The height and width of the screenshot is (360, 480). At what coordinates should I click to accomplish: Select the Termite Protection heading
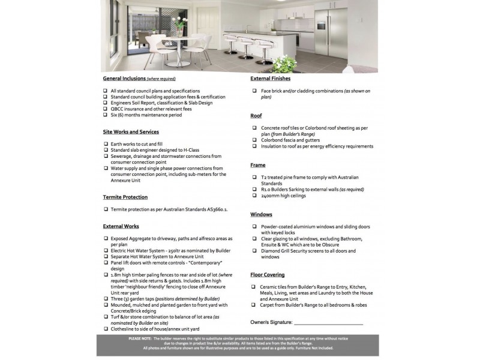125,197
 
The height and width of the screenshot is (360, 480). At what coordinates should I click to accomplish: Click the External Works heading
121,226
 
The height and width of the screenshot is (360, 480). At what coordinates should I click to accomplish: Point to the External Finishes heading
270,79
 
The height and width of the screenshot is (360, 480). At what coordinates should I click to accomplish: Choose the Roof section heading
257,115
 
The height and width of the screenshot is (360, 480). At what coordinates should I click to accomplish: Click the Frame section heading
258,164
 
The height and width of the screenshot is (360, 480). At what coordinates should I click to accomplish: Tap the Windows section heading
262,214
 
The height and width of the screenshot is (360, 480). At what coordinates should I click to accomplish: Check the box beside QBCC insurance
106,109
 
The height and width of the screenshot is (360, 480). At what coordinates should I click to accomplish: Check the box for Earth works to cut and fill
106,144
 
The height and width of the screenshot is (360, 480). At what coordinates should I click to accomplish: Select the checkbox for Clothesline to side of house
106,328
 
